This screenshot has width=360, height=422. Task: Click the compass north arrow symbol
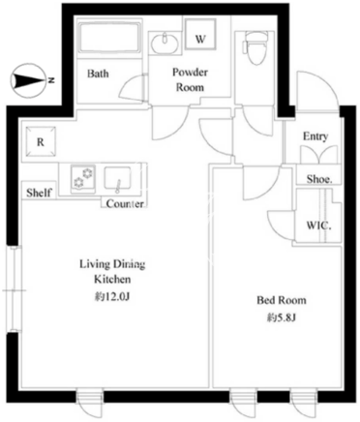29,80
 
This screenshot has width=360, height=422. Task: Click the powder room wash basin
165,42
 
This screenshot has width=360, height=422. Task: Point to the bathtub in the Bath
110,37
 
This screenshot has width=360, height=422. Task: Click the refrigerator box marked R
41,141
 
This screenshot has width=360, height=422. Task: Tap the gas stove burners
83,178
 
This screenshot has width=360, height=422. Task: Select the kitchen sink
117,178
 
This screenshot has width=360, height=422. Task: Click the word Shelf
39,193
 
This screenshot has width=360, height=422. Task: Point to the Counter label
125,203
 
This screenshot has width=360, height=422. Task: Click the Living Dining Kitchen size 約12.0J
112,296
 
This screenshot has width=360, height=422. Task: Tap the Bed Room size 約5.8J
282,318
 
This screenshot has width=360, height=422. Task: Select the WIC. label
318,226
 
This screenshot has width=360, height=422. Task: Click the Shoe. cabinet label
319,179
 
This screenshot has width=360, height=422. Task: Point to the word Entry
315,136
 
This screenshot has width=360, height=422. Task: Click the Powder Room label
190,79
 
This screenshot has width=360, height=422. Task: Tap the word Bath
98,74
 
